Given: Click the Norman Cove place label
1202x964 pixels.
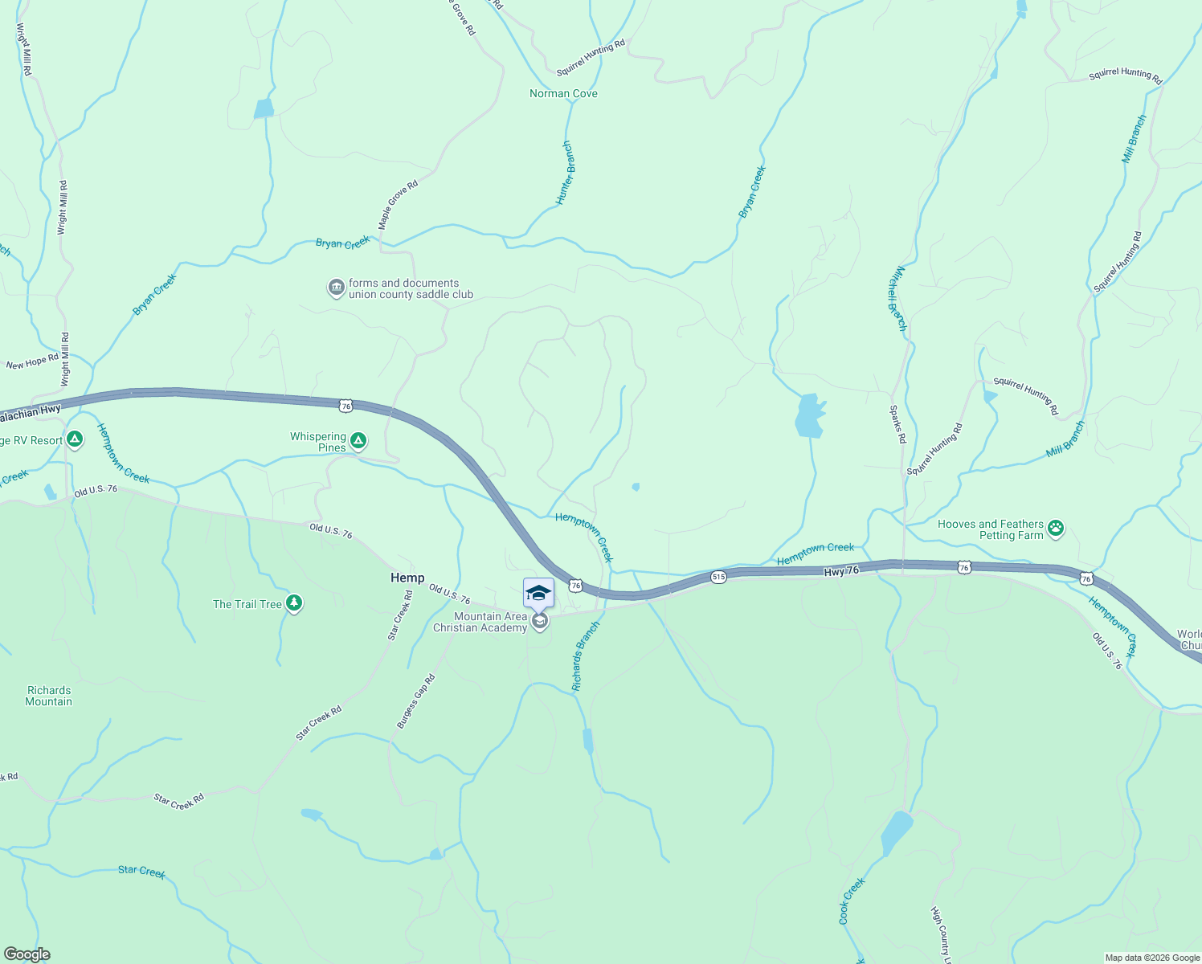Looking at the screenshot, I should pyautogui.click(x=563, y=94).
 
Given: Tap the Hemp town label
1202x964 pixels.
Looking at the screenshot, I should pyautogui.click(x=407, y=578).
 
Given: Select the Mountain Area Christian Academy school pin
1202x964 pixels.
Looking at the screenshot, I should pyautogui.click(x=539, y=620).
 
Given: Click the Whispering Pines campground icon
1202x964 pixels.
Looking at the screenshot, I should pyautogui.click(x=359, y=441).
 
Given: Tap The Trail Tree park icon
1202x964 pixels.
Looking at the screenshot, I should pyautogui.click(x=294, y=603).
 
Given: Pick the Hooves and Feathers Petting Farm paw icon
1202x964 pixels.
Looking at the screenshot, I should pyautogui.click(x=1056, y=529).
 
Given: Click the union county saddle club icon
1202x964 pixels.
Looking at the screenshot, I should pyautogui.click(x=336, y=288).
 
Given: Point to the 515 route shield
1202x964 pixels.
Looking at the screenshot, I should pyautogui.click(x=718, y=577).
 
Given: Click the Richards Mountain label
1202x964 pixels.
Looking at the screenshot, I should pyautogui.click(x=49, y=696).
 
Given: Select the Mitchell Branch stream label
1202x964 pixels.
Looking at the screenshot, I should pyautogui.click(x=897, y=298).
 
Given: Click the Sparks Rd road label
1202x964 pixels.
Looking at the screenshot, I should pyautogui.click(x=897, y=424).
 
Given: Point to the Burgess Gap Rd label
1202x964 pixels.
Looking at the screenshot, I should pyautogui.click(x=415, y=701).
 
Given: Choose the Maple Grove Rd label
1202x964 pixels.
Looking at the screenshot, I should pyautogui.click(x=398, y=205).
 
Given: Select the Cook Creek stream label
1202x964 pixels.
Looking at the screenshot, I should pyautogui.click(x=852, y=901).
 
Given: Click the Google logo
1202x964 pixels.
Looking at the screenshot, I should pyautogui.click(x=27, y=954).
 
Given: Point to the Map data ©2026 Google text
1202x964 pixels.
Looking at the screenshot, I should pyautogui.click(x=1152, y=958).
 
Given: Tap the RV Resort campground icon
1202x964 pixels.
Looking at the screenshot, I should pyautogui.click(x=75, y=439).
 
